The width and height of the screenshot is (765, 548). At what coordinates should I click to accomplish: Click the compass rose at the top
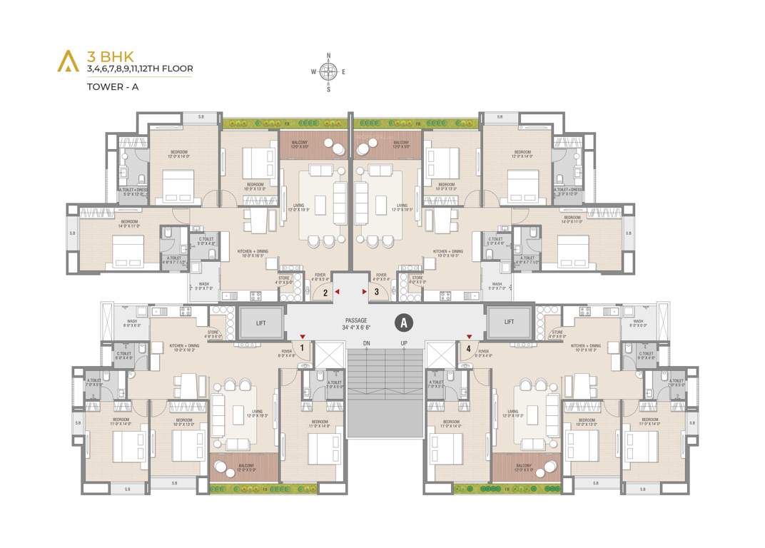pyautogui.click(x=328, y=71)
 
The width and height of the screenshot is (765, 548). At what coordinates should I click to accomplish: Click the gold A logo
pyautogui.click(x=67, y=61)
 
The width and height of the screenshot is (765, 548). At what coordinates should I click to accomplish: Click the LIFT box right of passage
pyautogui.click(x=509, y=322)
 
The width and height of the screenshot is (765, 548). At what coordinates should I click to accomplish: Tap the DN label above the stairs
pyautogui.click(x=366, y=343)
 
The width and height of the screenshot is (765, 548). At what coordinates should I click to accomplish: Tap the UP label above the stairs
pyautogui.click(x=403, y=343)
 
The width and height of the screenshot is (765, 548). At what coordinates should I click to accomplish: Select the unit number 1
pyautogui.click(x=303, y=348)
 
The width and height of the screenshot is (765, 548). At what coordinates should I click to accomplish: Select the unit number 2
pyautogui.click(x=325, y=292)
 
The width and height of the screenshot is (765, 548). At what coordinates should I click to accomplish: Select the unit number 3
pyautogui.click(x=376, y=292)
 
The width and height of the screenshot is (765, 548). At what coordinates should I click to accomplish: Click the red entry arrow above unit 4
pyautogui.click(x=469, y=336)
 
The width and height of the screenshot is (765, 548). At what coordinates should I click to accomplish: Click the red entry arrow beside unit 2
pyautogui.click(x=338, y=291)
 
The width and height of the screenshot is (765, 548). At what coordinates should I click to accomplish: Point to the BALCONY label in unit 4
pyautogui.click(x=525, y=467)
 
